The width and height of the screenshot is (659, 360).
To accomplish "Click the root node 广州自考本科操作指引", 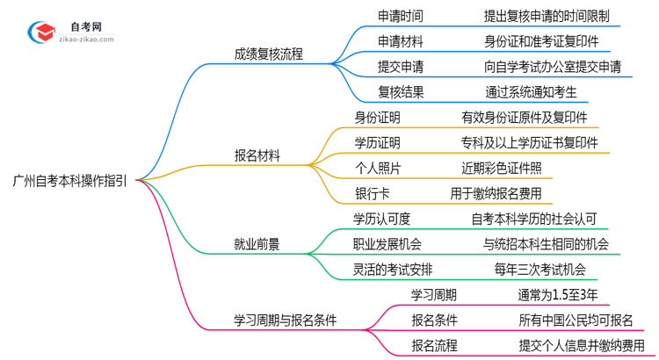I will click(x=69, y=182).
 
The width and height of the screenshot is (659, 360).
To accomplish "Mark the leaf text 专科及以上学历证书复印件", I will click(x=530, y=142).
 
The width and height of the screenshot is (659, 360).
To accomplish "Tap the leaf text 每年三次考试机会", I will click(x=540, y=270).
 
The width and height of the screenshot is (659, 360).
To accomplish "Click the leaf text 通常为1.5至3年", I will click(x=563, y=295).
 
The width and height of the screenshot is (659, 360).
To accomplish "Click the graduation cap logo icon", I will click(x=41, y=32).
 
